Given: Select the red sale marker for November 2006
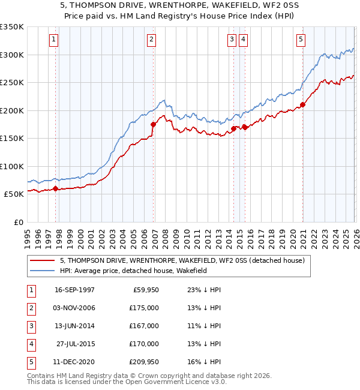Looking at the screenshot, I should click(x=153, y=125).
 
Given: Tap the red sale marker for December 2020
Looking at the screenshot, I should click(x=302, y=105).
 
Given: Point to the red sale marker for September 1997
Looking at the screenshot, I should click(x=56, y=189).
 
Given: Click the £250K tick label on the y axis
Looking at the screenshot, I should click(x=12, y=83).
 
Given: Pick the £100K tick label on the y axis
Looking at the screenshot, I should click(x=12, y=167).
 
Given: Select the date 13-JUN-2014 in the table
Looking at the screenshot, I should click(x=74, y=326).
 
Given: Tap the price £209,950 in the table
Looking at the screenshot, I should click(x=142, y=362).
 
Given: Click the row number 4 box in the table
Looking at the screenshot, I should click(x=29, y=344).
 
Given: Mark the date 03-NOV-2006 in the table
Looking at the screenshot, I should click(x=74, y=308).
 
